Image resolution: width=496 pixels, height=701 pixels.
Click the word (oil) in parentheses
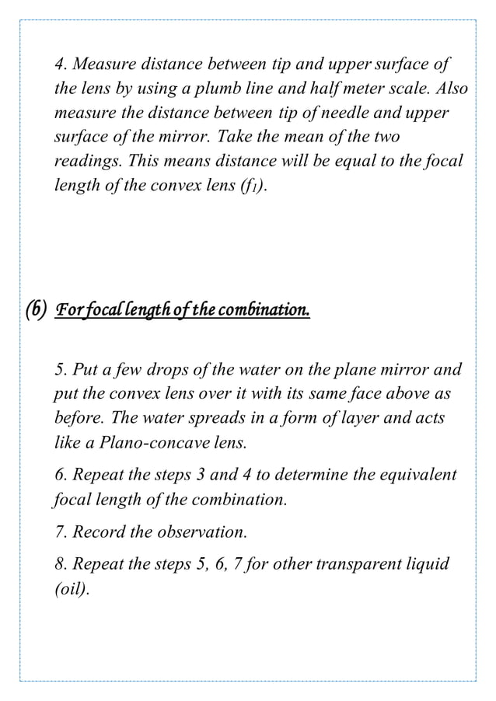(71, 589)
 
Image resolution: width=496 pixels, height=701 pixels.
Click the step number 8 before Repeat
(58, 563)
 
